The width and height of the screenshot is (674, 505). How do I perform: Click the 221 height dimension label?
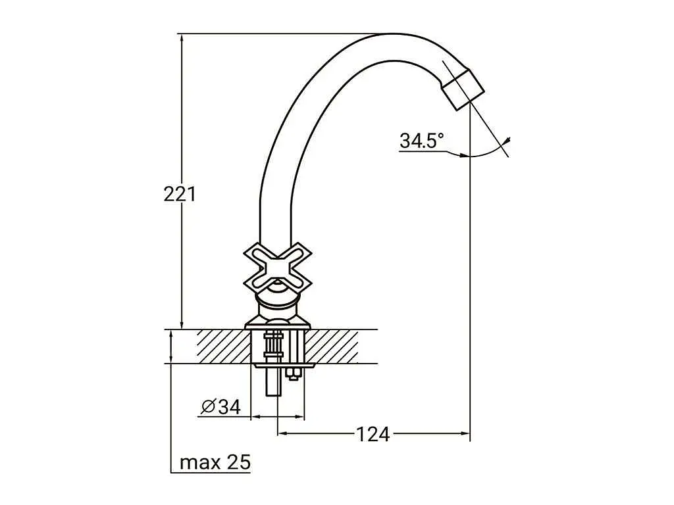pos(180,194)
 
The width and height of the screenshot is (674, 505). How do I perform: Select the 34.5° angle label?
pos(422,141)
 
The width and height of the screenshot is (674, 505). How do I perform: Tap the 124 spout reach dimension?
pos(373,434)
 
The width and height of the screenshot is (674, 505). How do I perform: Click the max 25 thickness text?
pos(215,462)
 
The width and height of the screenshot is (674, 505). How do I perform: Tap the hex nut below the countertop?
pos(294,373)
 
